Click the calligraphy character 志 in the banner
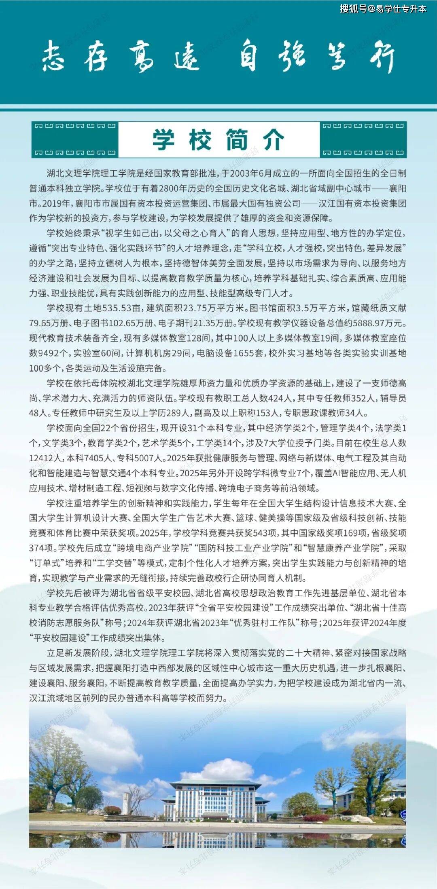(53, 56)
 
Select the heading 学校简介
(218, 139)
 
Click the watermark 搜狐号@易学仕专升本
(383, 8)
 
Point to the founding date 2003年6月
(250, 173)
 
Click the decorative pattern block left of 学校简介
(75, 139)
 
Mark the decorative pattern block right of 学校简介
(363, 139)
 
